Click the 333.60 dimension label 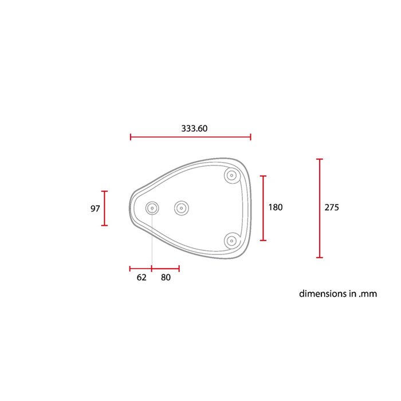[x=194, y=128]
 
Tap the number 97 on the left [x=95, y=209]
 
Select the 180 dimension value [x=276, y=207]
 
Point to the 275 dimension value [x=332, y=207]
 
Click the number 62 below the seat [x=141, y=277]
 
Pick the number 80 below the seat [x=166, y=277]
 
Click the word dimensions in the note [x=323, y=293]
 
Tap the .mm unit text [x=368, y=294]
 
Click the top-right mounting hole [x=231, y=175]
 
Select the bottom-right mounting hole [x=231, y=241]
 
